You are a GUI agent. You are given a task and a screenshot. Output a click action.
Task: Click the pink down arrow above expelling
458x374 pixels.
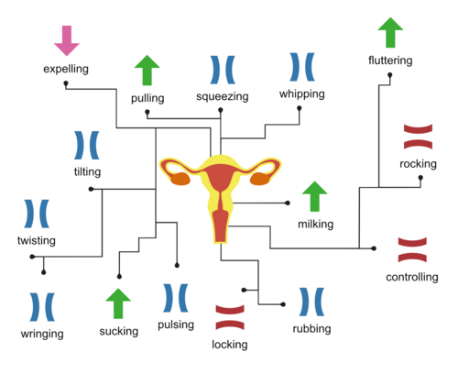(x=67, y=40)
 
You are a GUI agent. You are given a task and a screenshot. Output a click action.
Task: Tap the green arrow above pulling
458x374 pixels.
(x=147, y=70)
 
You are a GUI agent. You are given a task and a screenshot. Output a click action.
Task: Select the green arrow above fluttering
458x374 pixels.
(x=390, y=32)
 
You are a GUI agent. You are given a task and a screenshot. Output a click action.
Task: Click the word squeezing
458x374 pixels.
(x=223, y=96)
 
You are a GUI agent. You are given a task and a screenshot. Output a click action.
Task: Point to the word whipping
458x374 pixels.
(x=302, y=94)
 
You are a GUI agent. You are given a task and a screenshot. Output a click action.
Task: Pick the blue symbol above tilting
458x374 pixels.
(x=87, y=145)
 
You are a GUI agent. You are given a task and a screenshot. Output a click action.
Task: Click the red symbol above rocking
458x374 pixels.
(x=418, y=137)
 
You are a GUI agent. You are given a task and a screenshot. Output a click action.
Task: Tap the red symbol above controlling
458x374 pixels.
(x=412, y=249)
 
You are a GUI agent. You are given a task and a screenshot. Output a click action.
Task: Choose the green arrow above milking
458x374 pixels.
(x=315, y=196)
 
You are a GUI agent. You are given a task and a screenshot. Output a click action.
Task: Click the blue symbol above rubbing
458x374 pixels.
(x=311, y=302)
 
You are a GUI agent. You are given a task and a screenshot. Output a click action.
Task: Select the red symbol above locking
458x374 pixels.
(x=230, y=317)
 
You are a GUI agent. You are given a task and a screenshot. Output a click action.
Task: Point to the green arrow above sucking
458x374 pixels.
(x=118, y=303)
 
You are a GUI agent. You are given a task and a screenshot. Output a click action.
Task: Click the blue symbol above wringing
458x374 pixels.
(x=42, y=307)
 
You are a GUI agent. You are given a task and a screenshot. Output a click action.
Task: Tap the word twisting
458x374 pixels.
(x=37, y=240)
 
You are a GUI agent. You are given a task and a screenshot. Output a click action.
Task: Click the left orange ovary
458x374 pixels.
(x=180, y=179)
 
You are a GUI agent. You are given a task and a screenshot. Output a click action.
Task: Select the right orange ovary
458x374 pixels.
(x=260, y=179)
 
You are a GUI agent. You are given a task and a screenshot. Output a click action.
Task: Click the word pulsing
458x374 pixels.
(x=176, y=324)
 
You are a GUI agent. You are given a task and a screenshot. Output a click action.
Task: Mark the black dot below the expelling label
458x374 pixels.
(x=66, y=83)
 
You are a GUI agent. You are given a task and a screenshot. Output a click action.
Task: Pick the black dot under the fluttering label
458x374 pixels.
(x=390, y=75)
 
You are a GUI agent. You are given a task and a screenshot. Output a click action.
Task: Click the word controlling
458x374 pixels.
(x=412, y=277)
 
